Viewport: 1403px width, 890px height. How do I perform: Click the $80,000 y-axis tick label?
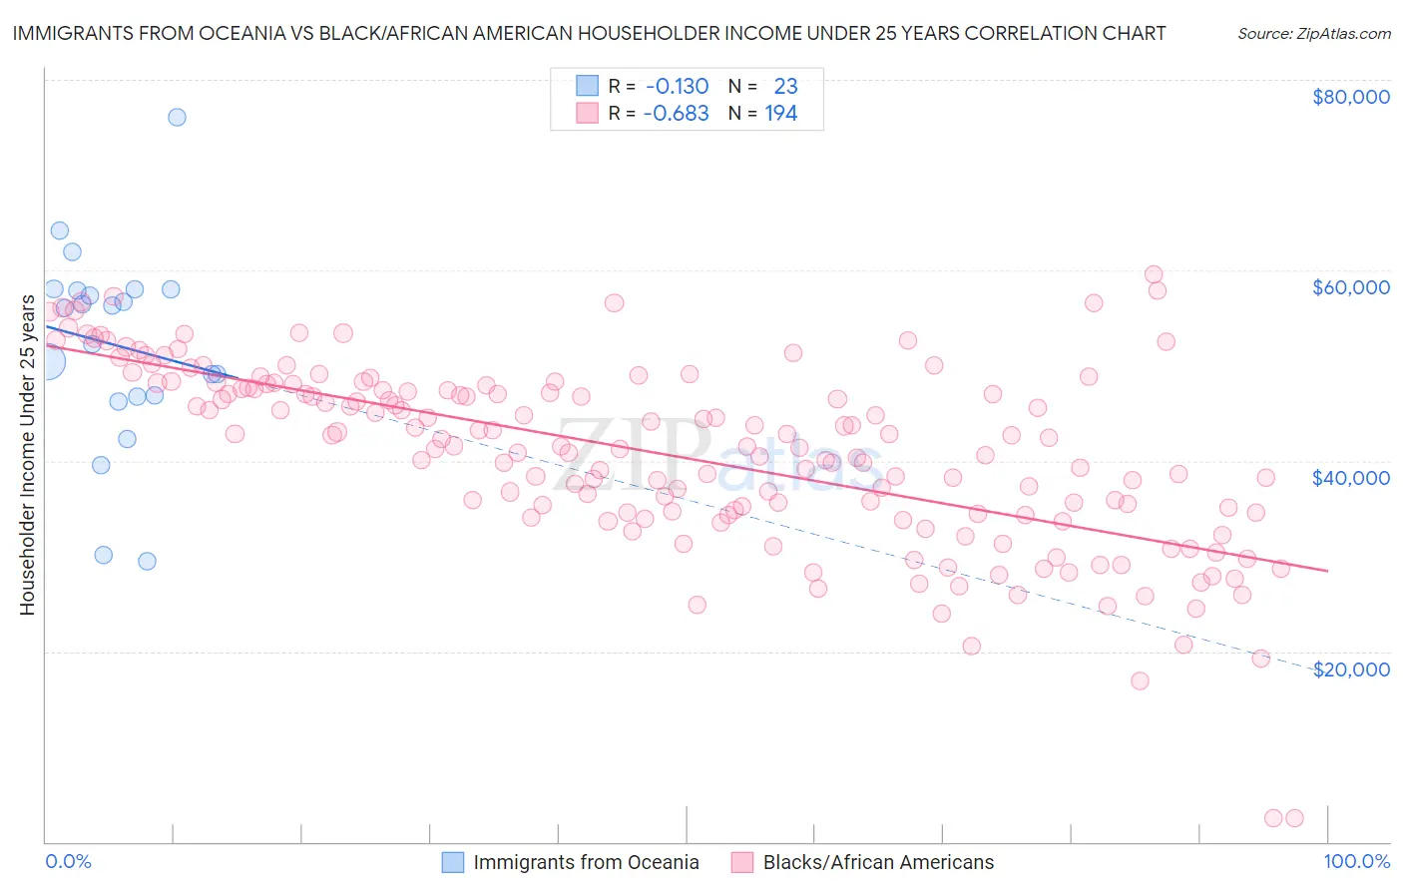pos(1350,97)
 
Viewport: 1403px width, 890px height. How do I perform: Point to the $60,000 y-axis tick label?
pos(1350,287)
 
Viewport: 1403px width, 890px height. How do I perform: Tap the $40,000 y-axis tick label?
pos(1350,478)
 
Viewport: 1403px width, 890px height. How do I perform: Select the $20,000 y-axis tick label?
pos(1350,669)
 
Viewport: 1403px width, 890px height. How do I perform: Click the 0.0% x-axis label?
pos(68,861)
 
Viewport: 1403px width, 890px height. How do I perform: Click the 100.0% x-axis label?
pos(1356,861)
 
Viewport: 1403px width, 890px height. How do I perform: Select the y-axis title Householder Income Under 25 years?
pos(27,455)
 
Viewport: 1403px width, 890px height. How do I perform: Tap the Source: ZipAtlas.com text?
pos(1313,33)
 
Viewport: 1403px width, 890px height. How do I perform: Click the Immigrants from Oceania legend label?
pos(586,862)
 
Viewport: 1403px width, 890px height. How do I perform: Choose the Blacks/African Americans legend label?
pos(878,862)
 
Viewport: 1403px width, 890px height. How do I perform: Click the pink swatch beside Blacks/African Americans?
pos(741,862)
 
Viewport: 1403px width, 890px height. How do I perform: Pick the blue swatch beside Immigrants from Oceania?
pos(453,862)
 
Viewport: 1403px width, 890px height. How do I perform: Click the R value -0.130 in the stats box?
pos(676,86)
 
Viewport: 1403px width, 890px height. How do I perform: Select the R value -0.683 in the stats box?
pos(676,113)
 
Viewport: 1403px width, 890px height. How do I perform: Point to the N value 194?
pos(780,113)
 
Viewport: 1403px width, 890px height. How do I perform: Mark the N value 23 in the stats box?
pos(785,86)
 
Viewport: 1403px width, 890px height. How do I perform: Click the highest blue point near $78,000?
pos(177,117)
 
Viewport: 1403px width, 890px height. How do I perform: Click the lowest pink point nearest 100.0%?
pos(1294,818)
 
